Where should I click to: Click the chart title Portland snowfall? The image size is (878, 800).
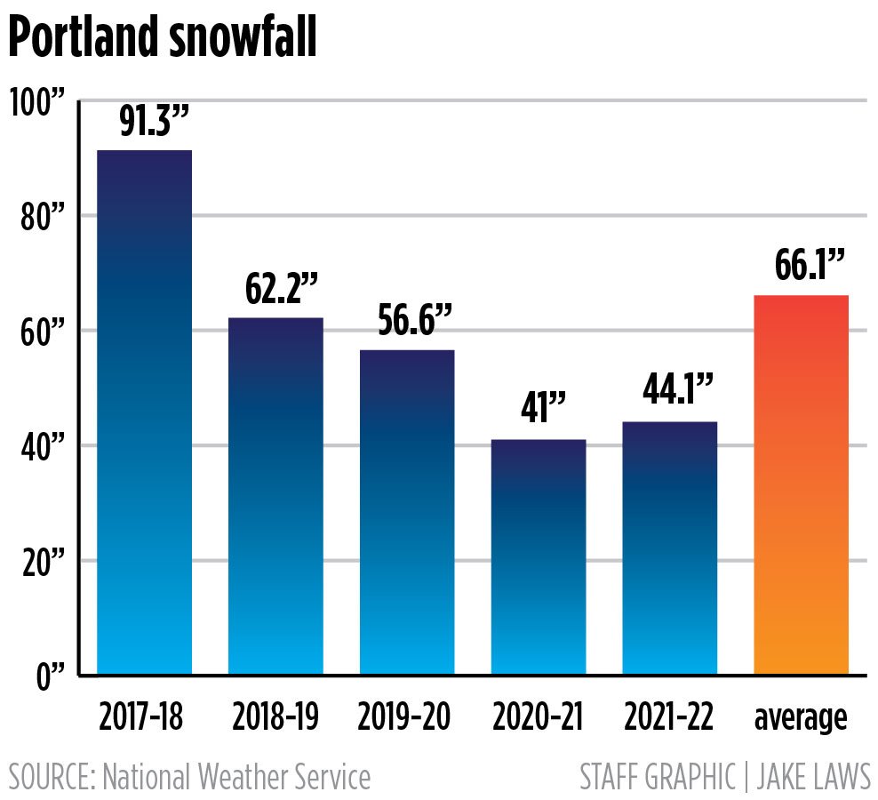click(x=164, y=40)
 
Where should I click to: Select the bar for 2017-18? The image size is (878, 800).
click(x=144, y=412)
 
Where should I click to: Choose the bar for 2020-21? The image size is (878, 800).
click(x=539, y=557)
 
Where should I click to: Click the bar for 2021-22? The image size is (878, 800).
click(x=670, y=548)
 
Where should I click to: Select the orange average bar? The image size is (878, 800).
click(x=801, y=485)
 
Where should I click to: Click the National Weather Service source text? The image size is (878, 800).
click(x=236, y=777)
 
